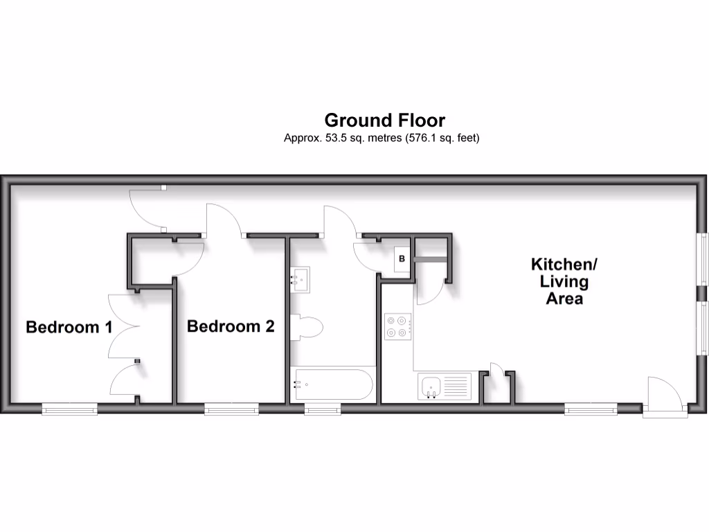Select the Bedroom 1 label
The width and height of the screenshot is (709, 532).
tap(69, 327)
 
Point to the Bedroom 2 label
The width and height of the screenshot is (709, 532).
tap(231, 326)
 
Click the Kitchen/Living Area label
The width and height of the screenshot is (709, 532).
tap(564, 281)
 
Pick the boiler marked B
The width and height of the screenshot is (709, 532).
tap(402, 259)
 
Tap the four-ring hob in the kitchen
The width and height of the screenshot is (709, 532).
tap(399, 327)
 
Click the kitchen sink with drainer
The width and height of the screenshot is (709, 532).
tap(445, 387)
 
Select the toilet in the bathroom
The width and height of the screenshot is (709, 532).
tap(305, 328)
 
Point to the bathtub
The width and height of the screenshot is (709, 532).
tap(333, 385)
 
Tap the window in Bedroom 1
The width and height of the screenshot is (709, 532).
tap(69, 409)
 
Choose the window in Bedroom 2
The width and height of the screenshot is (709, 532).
tap(231, 409)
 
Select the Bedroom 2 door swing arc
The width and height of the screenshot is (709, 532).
tap(224, 220)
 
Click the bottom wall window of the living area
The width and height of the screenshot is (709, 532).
tap(591, 409)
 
